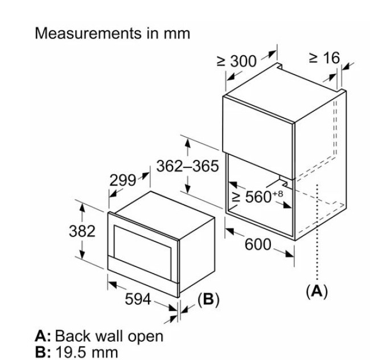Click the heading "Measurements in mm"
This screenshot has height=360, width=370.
112,32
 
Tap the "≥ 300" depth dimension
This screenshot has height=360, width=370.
237,62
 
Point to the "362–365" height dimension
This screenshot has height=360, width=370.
187,166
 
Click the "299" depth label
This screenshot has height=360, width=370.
122,181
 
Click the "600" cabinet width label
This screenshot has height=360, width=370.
258,244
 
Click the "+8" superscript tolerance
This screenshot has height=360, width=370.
277,194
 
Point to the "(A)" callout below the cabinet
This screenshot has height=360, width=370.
317,291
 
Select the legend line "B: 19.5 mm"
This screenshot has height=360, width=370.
76,351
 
